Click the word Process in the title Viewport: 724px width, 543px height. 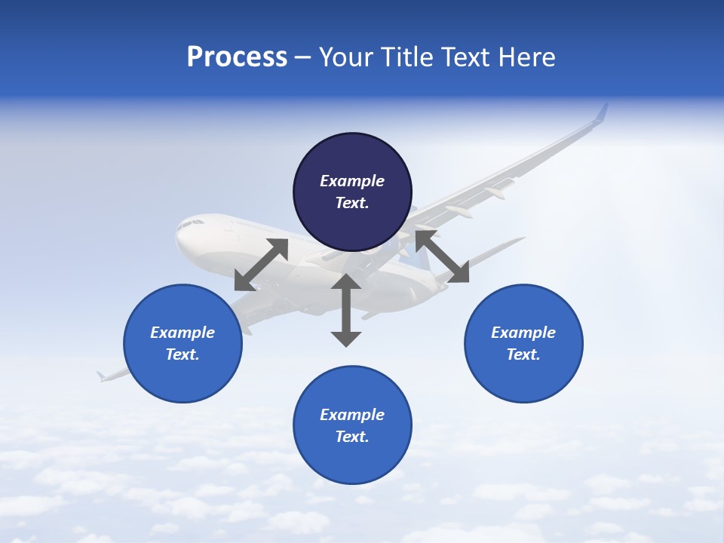[237, 57]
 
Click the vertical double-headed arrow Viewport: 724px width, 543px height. [346, 310]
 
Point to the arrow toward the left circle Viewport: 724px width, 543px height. [261, 265]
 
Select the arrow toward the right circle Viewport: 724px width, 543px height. [442, 257]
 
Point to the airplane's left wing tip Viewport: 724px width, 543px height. [101, 375]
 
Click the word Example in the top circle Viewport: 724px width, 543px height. [352, 181]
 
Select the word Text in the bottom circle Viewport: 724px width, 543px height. [352, 437]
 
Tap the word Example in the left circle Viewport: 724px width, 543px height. [183, 333]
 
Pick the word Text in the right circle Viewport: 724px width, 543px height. [523, 354]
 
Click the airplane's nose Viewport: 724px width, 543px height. [179, 235]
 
